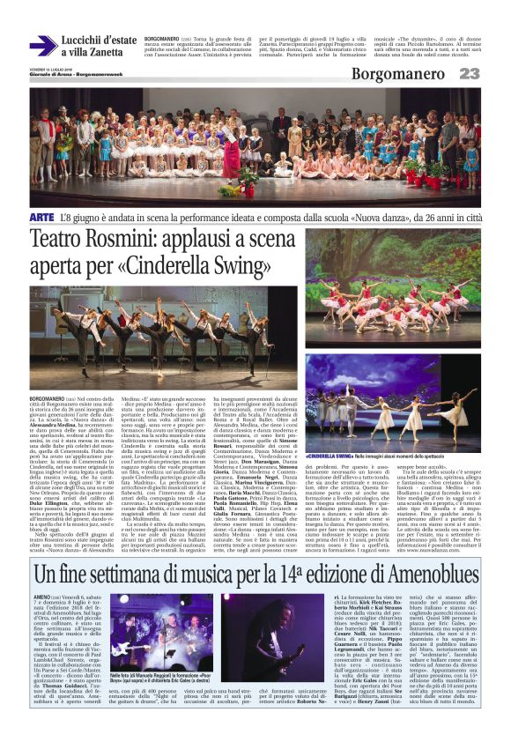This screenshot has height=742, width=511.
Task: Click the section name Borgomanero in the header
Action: [x=402, y=73]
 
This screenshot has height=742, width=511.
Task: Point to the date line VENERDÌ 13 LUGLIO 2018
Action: [x=50, y=67]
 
